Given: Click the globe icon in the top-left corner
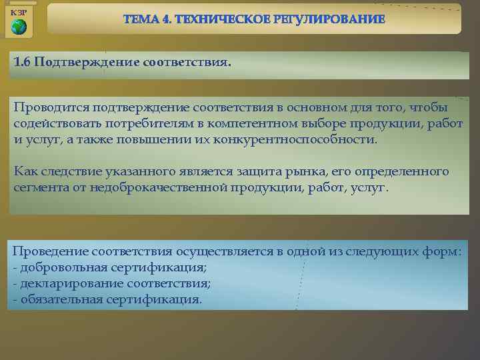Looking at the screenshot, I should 19,27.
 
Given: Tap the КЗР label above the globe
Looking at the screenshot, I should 19,12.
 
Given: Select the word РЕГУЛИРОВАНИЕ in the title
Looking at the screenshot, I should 329,19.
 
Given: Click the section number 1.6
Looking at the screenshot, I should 22,62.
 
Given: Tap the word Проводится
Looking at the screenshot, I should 51,108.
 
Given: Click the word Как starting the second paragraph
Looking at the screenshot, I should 26,171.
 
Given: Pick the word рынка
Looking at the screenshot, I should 308,171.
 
